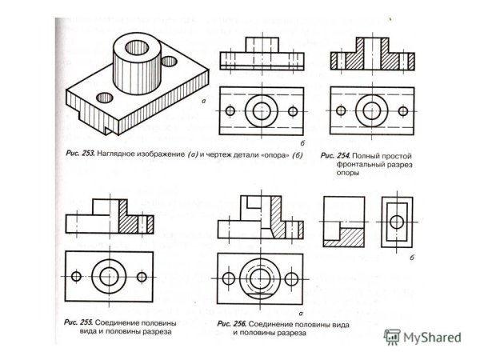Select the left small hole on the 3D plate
[105, 97]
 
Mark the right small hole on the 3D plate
[169, 59]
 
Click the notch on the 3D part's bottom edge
[107, 126]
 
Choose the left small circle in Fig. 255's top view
[77, 276]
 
